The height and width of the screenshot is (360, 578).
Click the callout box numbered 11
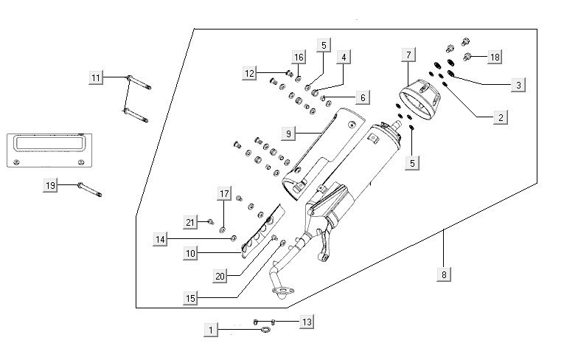pos(95,77)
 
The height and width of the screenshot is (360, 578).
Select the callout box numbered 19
pos(51,186)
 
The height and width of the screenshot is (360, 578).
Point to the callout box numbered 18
pos(495,57)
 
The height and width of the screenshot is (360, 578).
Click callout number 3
pos(518,86)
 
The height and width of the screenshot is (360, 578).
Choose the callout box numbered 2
pos(501,117)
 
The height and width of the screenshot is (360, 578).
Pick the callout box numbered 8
pos(443,275)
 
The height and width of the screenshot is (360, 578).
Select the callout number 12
pos(249,72)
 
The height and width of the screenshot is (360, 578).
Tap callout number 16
pos(299,58)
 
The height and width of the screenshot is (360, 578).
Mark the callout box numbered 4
pos(344,57)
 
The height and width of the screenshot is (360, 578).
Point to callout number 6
pos(361,97)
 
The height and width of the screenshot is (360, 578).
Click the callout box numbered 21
pos(189,222)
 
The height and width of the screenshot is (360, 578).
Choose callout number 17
pos(224,194)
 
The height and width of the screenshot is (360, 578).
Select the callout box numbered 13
pos(307,322)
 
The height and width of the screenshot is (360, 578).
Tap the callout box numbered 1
pos(212,330)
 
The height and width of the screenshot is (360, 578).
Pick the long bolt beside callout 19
pos(88,190)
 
